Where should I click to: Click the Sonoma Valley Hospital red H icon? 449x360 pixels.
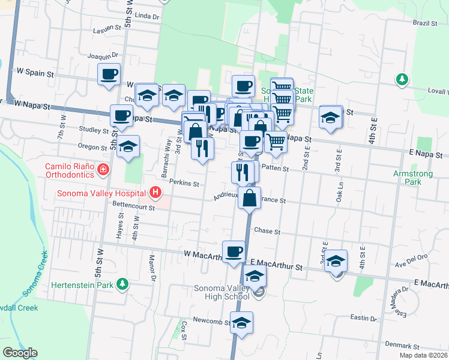pos(155,193)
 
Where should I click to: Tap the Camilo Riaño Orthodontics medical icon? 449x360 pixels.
pos(104,170)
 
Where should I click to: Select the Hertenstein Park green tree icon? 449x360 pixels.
pos(122,283)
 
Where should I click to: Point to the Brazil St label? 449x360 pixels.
pos(424,23)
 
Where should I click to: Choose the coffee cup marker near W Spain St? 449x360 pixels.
pos(109,75)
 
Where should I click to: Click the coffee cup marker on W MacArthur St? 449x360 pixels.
pos(234,251)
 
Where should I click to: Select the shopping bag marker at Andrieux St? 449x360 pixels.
pos(250,197)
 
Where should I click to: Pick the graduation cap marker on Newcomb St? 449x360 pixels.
pos(241,323)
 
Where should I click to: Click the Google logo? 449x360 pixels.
pos(20,353)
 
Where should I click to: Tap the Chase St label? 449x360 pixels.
pos(267,231)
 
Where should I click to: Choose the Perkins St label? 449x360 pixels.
pos(184,183)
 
